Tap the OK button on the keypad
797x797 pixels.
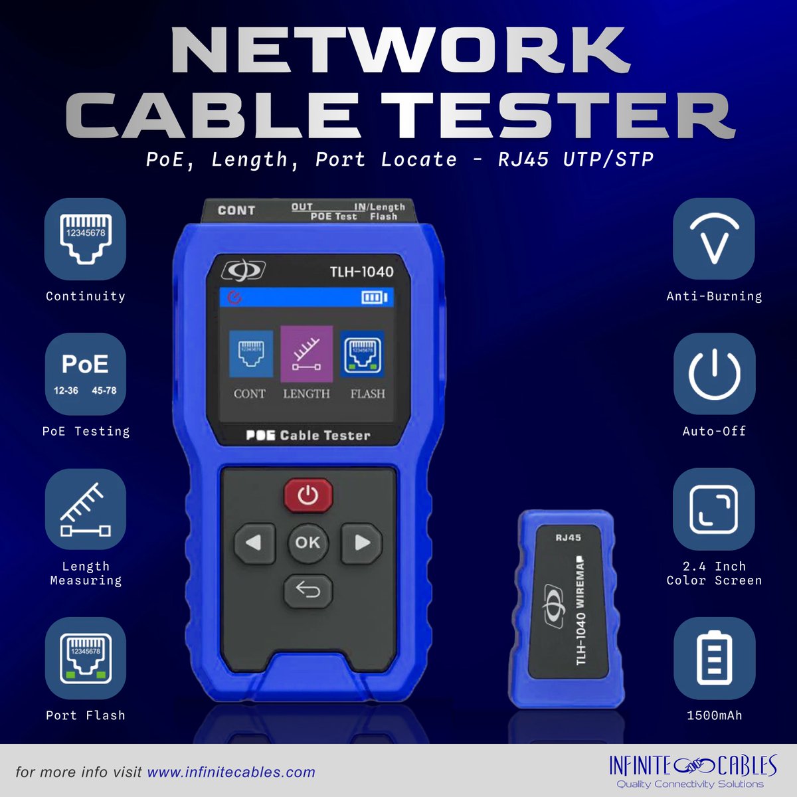point(308,542)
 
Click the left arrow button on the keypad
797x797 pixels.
point(254,543)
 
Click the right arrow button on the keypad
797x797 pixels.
point(361,543)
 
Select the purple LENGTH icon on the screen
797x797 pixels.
point(306,354)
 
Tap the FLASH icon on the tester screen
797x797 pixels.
point(362,354)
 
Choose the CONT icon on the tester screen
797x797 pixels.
point(251,354)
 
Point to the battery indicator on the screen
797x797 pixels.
point(375,297)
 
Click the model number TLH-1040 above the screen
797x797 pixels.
point(361,272)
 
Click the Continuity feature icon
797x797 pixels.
point(85,239)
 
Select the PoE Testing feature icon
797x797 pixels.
point(85,375)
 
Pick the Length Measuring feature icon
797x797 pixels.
point(85,509)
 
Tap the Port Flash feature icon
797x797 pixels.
point(85,658)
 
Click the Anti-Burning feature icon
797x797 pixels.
point(714,239)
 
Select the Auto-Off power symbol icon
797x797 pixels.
point(714,375)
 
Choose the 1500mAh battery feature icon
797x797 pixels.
point(714,658)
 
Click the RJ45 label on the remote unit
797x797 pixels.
point(569,538)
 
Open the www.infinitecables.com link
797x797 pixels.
point(231,772)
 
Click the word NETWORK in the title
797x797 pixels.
point(400,51)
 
